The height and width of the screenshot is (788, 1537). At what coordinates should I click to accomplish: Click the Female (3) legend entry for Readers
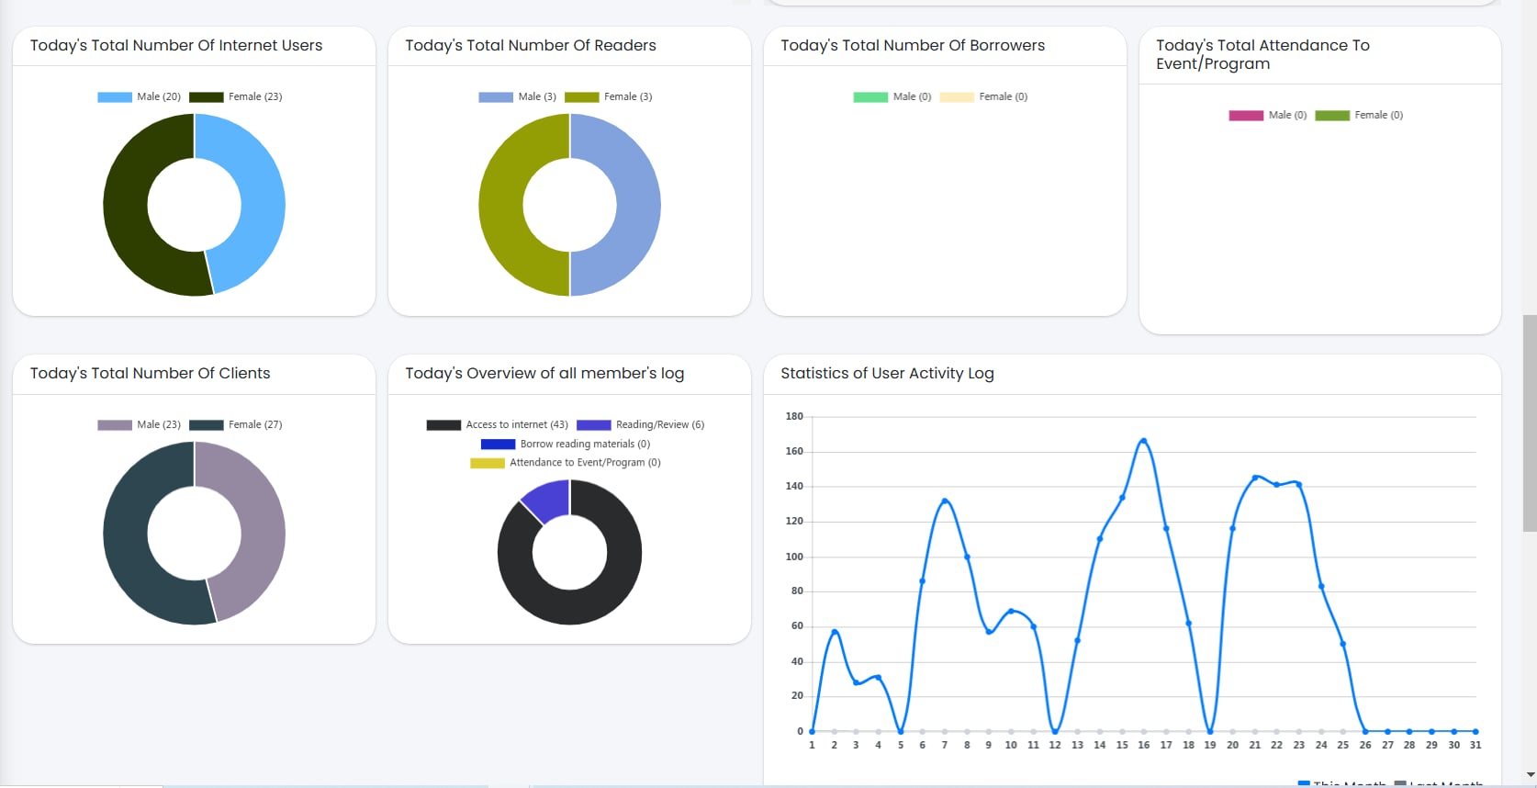(x=609, y=96)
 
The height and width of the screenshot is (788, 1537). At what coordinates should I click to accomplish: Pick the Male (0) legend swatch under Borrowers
(x=870, y=96)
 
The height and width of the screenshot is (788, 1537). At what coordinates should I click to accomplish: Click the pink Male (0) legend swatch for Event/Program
(x=1246, y=115)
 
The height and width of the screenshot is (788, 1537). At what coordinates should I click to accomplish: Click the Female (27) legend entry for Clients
(x=237, y=424)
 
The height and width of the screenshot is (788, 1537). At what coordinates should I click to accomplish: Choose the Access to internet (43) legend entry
(x=497, y=424)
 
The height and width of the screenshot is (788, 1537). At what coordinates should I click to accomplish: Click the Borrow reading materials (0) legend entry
(x=566, y=444)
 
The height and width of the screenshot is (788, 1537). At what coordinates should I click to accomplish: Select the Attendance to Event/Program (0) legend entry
(x=566, y=463)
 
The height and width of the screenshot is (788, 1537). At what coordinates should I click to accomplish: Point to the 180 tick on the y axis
(x=794, y=416)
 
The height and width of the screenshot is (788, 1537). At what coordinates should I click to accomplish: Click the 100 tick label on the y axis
(x=794, y=557)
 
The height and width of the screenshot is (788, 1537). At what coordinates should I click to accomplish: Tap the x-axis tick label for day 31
(x=1475, y=745)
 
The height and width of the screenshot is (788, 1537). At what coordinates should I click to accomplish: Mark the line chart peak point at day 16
(x=1144, y=441)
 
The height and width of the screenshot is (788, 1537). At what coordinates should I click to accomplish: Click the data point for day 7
(x=945, y=501)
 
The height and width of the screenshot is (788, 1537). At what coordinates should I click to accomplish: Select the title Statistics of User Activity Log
(x=887, y=373)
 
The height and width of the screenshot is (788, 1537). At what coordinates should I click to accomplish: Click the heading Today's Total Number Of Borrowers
(x=913, y=45)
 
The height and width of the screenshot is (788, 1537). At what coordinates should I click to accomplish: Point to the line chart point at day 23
(x=1298, y=484)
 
